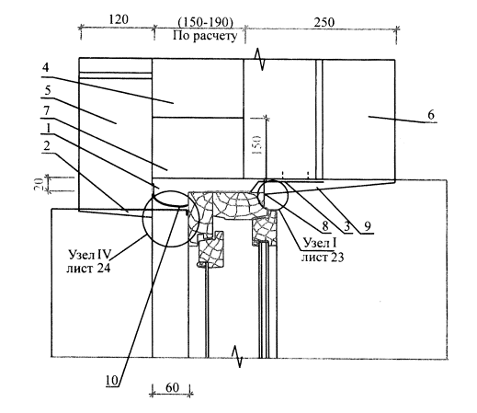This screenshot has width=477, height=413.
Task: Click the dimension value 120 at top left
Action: click(x=119, y=19)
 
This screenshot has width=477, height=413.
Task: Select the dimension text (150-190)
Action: click(x=205, y=23)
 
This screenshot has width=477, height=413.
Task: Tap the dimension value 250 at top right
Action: click(x=324, y=22)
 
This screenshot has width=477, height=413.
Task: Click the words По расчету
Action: click(x=205, y=36)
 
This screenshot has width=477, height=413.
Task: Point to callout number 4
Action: click(x=46, y=67)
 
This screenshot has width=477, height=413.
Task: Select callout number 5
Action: click(x=48, y=91)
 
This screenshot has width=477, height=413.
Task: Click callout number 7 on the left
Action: click(x=47, y=110)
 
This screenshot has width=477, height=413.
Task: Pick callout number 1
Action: click(x=48, y=128)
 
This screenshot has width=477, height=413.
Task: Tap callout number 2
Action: click(x=47, y=146)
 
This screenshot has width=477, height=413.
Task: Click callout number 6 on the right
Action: click(x=431, y=115)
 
